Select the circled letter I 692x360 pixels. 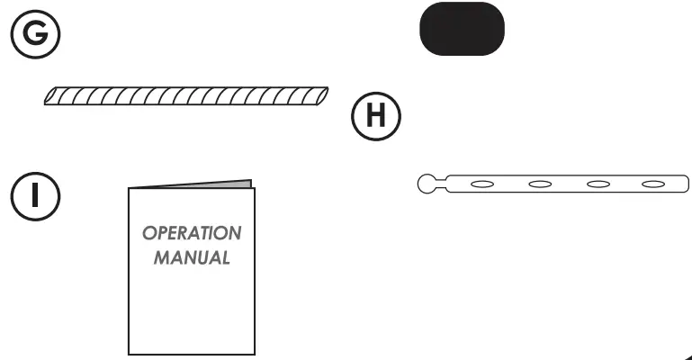[35, 196]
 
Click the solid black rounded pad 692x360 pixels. [462, 29]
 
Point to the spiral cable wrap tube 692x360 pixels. [187, 95]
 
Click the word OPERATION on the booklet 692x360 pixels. [192, 233]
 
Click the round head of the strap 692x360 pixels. [428, 184]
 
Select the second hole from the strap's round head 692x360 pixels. [539, 184]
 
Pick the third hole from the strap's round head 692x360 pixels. [597, 184]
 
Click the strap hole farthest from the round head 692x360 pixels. [653, 184]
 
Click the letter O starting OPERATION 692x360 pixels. [148, 233]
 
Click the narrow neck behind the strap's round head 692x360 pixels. [444, 184]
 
